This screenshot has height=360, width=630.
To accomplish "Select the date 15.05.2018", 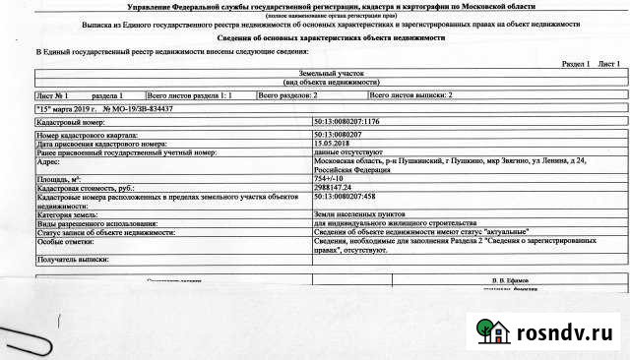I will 334,143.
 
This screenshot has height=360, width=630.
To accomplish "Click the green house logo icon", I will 491,330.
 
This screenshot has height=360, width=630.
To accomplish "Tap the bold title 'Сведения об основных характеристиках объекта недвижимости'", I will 314,36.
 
